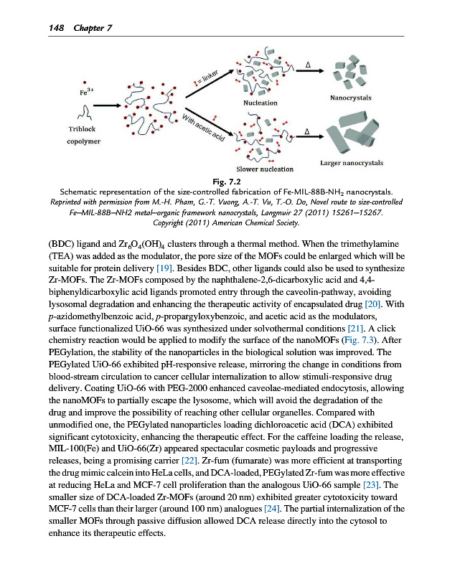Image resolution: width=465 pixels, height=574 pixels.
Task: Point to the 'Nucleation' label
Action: point(261,103)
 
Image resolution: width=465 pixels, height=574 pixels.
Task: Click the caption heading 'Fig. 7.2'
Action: point(232,182)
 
